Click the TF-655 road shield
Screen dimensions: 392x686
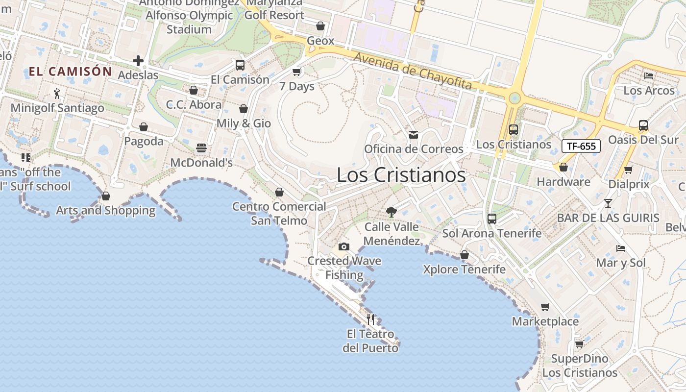[581, 146]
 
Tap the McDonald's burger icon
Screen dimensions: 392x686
[201, 147]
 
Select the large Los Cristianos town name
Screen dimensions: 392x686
[401, 175]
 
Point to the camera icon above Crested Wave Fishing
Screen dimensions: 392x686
[344, 246]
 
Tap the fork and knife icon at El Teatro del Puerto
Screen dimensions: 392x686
[370, 319]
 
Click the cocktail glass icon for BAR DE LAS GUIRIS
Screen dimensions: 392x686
[608, 203]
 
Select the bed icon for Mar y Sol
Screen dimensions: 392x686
[621, 248]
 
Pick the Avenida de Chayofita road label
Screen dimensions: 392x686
[413, 72]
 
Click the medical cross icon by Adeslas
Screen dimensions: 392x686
[138, 61]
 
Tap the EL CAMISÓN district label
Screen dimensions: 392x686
[71, 72]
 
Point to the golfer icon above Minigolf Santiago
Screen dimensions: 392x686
[57, 93]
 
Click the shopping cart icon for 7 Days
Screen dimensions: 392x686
[296, 72]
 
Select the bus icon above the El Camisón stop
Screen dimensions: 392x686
[240, 65]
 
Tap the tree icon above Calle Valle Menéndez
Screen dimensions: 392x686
[391, 212]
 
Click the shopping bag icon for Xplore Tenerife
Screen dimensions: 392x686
[464, 255]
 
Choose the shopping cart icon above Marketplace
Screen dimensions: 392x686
[545, 307]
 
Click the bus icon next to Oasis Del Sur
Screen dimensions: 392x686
[643, 125]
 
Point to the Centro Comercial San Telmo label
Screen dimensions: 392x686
[279, 214]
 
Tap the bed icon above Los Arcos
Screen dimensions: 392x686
[649, 76]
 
